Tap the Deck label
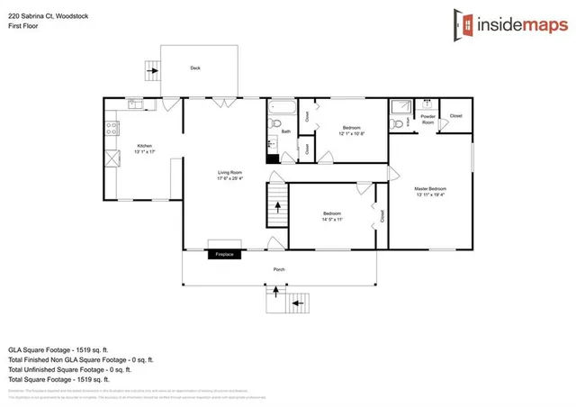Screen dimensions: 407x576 (195, 68)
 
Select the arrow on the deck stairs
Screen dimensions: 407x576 (151, 67)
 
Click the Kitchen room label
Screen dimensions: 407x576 (144, 147)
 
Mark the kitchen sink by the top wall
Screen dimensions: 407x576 (135, 104)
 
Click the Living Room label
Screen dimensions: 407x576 (229, 172)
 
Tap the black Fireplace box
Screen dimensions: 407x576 (224, 255)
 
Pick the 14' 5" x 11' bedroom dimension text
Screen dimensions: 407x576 (334, 219)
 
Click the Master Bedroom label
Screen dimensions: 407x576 (430, 189)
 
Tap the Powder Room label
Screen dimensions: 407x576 (427, 118)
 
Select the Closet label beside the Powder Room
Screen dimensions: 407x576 (456, 116)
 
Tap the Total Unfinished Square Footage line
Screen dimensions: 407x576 (69, 369)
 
